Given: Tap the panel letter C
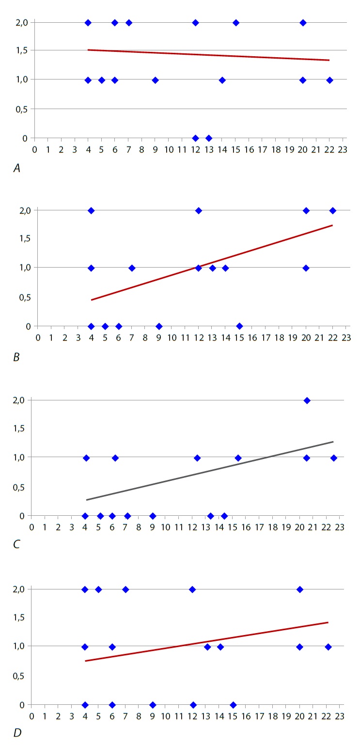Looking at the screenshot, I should [x=16, y=545].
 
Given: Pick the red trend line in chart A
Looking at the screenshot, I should [x=208, y=55].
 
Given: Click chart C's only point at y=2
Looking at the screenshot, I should [x=307, y=400].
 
